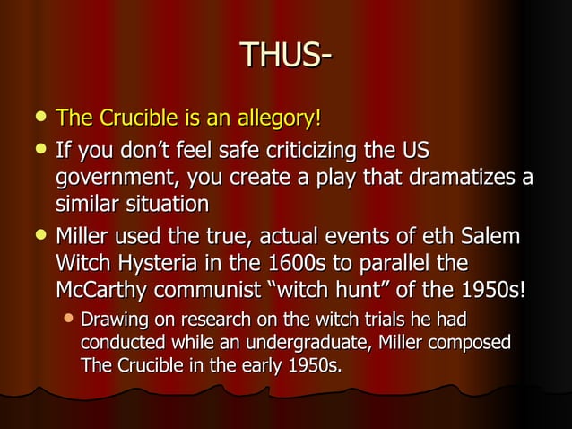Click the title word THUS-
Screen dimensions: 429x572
tap(286, 57)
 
